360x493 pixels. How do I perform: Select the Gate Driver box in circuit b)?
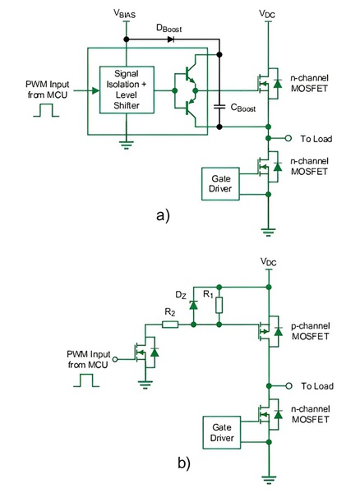pos(220,433)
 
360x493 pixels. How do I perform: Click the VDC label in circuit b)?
pos(268,263)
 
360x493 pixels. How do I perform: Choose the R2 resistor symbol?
pos(169,325)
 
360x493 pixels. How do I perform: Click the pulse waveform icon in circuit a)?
pos(44,109)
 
